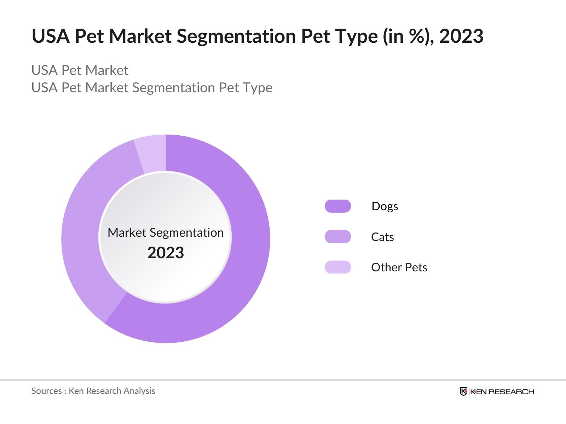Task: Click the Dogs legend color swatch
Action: click(338, 206)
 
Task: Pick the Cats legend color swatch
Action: click(338, 237)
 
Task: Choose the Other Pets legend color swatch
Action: click(338, 267)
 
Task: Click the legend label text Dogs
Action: click(385, 206)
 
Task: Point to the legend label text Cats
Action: click(382, 237)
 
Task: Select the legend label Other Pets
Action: click(399, 267)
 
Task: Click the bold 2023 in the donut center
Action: click(166, 253)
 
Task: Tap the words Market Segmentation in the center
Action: click(166, 232)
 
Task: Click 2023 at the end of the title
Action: click(461, 36)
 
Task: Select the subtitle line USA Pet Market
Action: click(80, 70)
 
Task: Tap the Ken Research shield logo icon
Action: click(463, 391)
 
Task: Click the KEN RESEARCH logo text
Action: click(502, 391)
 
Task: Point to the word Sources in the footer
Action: click(46, 391)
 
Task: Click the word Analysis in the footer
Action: click(141, 391)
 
